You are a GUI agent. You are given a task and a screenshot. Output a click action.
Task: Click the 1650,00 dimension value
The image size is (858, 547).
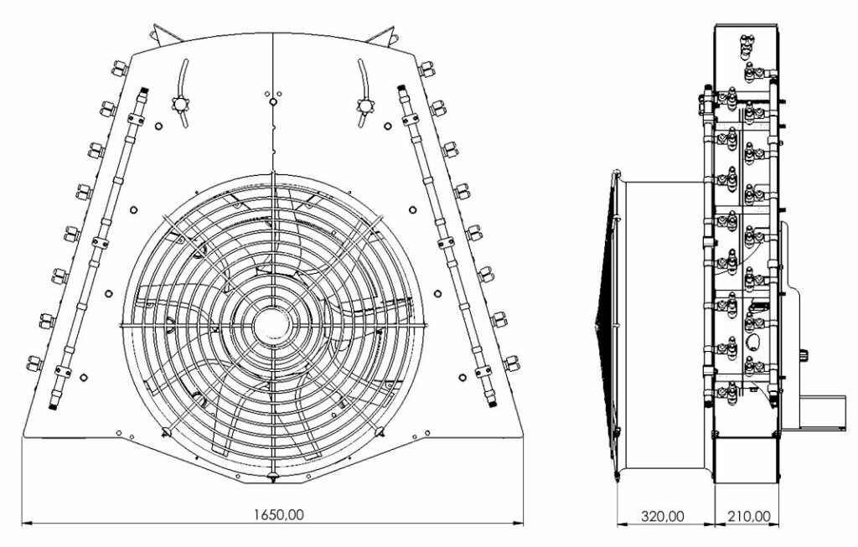point(278,514)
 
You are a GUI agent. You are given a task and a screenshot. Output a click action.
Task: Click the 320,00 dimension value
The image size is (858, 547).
point(663,516)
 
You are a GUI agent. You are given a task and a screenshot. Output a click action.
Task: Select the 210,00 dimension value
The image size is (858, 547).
point(748,516)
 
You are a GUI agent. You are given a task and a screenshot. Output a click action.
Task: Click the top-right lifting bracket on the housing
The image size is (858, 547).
point(383,34)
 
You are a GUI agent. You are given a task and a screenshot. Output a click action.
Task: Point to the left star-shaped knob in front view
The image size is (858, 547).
point(180,103)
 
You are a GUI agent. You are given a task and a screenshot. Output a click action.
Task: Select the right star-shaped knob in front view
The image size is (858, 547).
point(364,103)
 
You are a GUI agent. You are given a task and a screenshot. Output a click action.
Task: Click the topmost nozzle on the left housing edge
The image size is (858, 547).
point(120,69)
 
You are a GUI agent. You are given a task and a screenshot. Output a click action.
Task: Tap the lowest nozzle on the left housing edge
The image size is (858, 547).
point(34,364)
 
